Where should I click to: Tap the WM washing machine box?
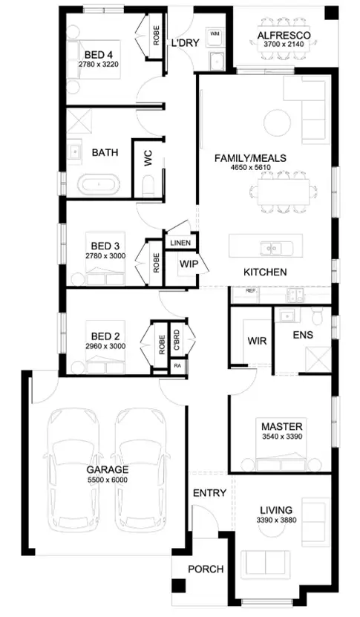tap(216, 34)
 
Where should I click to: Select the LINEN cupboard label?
tap(180, 243)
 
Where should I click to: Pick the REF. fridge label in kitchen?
tap(251, 291)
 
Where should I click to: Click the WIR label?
tap(257, 341)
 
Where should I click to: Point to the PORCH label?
tap(205, 569)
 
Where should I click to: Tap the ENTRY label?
tap(209, 493)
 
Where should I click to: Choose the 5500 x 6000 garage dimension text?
tap(108, 480)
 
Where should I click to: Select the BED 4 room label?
tap(99, 55)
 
